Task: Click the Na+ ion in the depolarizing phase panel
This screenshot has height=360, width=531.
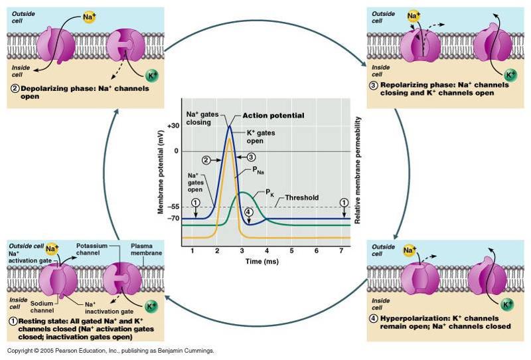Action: pos(89,15)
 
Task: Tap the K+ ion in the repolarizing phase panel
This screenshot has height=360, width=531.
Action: pos(510,74)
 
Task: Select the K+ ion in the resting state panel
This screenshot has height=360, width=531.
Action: pos(151,307)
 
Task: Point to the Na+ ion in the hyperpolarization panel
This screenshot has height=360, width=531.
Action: pos(410,250)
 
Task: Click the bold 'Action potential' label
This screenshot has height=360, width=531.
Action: pos(273,116)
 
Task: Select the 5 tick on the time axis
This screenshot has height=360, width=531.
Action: pos(292,250)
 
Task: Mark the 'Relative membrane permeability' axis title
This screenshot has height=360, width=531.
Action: pos(358,170)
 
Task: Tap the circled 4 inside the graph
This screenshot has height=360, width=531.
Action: pos(248,213)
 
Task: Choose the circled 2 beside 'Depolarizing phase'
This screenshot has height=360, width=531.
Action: pos(14,87)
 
